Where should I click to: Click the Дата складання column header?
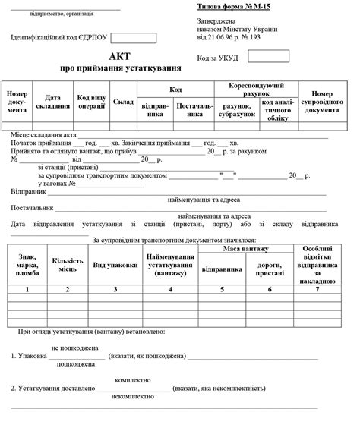52,102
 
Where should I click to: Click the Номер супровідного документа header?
327,102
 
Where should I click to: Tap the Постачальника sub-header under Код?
194,110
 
